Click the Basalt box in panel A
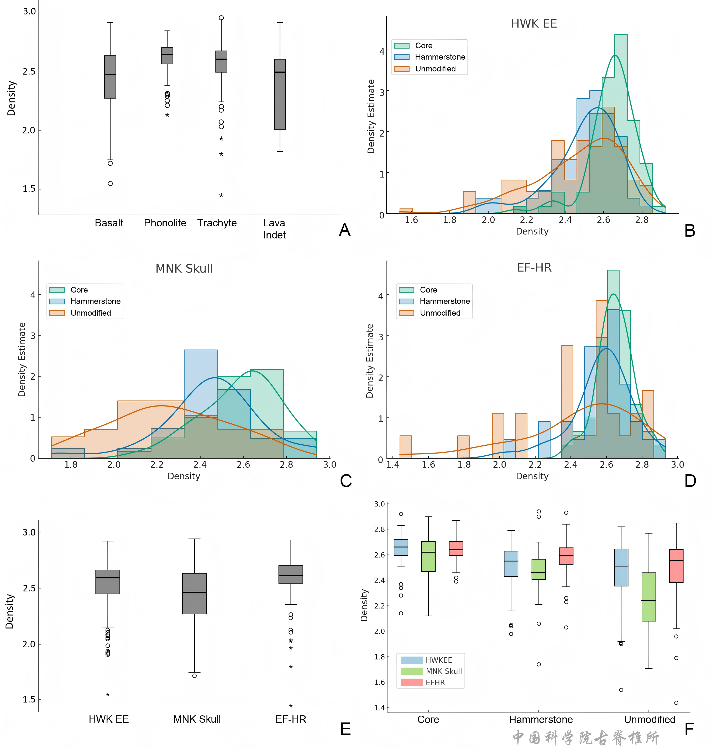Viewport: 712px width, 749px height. (110, 77)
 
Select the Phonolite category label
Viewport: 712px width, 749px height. (165, 223)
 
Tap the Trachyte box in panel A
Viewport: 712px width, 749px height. (221, 61)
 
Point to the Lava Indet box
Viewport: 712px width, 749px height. (280, 95)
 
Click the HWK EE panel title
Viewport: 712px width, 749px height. (534, 24)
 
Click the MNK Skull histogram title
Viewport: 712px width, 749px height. (185, 268)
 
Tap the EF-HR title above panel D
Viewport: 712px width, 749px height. (534, 268)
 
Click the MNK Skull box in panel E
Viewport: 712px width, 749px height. (194, 593)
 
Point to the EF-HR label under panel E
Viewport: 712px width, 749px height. (291, 719)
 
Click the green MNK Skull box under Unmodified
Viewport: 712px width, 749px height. (649, 597)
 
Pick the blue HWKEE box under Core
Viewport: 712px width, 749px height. (401, 547)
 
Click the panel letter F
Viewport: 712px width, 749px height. (689, 729)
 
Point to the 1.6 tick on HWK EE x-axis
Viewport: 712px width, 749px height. (411, 220)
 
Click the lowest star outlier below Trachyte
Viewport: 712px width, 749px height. (221, 195)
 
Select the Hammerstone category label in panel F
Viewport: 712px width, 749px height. (541, 719)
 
